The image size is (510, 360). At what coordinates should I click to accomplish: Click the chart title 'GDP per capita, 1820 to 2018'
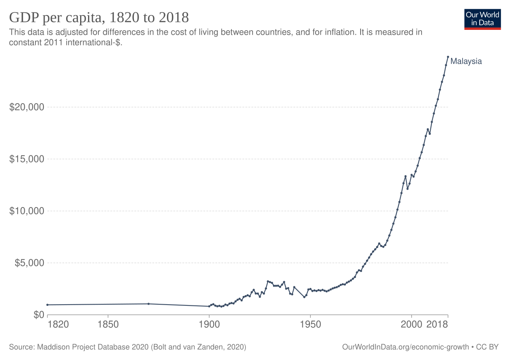point(99,18)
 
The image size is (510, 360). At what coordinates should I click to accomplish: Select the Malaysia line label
point(466,61)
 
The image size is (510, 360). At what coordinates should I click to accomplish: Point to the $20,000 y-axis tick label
point(27,108)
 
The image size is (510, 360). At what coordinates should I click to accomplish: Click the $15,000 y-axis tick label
point(27,159)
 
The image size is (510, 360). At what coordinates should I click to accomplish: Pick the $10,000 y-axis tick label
point(27,211)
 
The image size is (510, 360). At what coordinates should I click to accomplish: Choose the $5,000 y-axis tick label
point(29,263)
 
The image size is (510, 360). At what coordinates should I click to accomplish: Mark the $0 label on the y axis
point(38,315)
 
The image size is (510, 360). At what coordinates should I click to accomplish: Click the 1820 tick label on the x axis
point(58,324)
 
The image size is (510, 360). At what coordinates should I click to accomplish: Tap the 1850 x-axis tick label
point(108,324)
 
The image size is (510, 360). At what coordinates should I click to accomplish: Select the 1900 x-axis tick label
point(209,324)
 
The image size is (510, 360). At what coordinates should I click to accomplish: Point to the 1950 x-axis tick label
point(310,324)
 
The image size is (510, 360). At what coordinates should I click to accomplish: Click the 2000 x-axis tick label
point(411,324)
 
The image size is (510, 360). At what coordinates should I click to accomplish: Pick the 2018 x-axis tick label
point(437,324)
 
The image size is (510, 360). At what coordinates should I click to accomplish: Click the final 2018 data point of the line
point(448,57)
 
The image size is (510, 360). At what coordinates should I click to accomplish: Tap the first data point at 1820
point(47,305)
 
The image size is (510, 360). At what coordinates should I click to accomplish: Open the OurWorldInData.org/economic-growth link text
point(405,347)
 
